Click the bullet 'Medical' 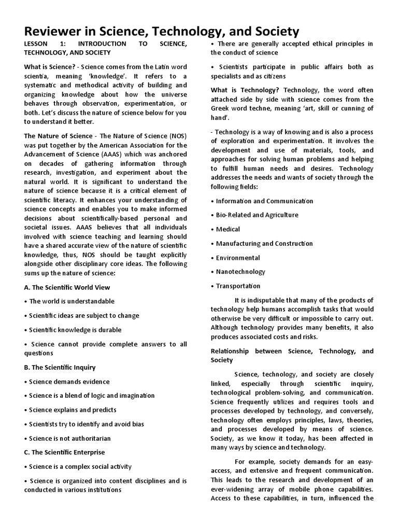(228, 229)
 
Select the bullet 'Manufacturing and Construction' (264, 243)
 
